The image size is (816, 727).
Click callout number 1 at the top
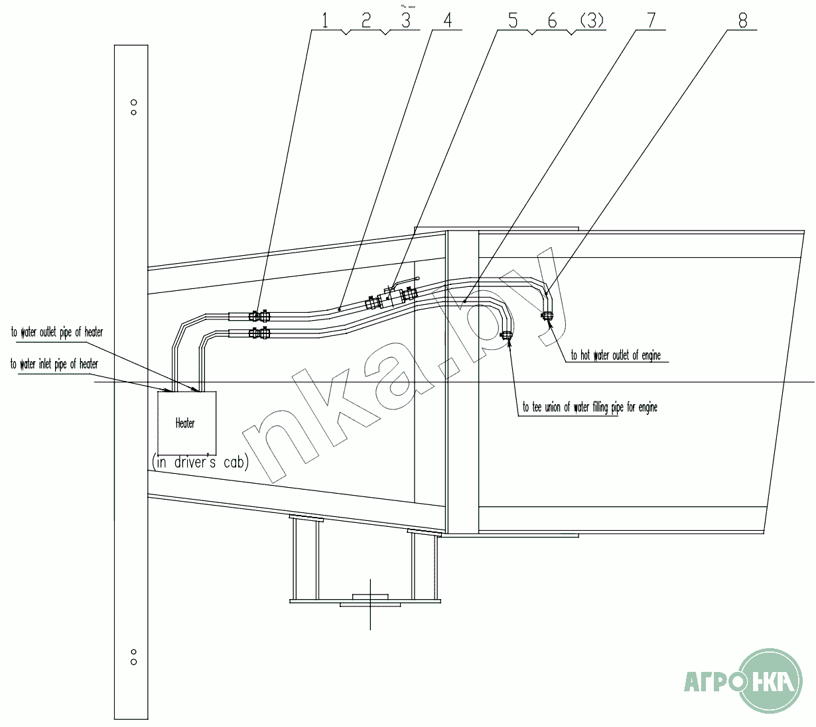pos(325,21)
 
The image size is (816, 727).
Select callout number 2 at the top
pos(366,21)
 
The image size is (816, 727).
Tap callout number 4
pos(447,21)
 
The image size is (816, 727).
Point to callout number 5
pos(513,21)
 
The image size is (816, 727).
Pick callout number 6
pos(552,21)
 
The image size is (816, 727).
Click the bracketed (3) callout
pos(592,21)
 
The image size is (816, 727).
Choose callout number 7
pos(651,21)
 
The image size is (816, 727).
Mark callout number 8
pos(743,21)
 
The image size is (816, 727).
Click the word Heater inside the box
pos(185,423)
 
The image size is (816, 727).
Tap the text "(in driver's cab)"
pos(200,463)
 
